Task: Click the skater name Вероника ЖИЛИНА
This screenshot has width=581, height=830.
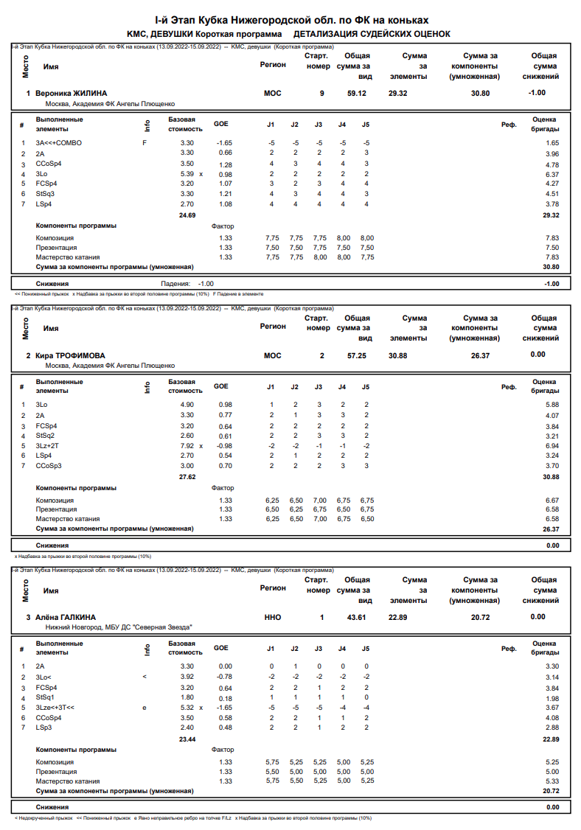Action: coord(72,93)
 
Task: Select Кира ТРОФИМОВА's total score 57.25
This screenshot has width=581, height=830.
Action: coord(357,355)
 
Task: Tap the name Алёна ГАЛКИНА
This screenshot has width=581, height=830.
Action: coord(66,617)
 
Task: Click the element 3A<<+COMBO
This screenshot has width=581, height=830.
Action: coord(59,142)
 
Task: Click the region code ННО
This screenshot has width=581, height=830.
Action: coord(272,617)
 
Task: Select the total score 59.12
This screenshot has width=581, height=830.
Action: coord(357,93)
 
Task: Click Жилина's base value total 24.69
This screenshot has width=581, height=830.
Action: coord(187,215)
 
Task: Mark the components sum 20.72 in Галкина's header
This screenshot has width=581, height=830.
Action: coord(480,617)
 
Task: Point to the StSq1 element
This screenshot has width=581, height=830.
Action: coord(46,697)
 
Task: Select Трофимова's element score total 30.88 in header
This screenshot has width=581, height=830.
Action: coord(398,355)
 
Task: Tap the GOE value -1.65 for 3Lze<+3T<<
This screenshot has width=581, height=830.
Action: coord(223,708)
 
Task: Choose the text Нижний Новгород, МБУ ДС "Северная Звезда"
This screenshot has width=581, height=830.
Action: coord(119,627)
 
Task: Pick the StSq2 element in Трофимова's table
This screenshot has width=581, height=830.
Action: coord(46,436)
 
